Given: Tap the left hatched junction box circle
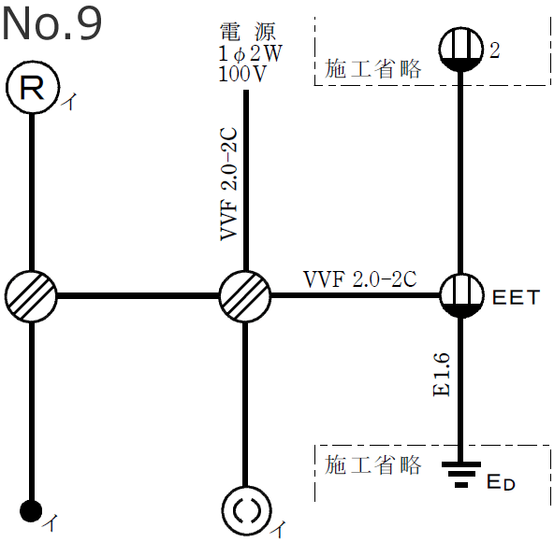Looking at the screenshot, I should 32,296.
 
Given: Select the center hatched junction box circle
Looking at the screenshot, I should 244,296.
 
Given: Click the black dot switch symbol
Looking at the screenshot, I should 32,511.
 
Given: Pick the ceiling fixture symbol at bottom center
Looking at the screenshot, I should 244,510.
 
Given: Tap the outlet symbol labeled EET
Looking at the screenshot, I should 460,296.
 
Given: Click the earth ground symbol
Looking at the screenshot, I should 460,476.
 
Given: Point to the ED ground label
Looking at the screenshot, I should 501,482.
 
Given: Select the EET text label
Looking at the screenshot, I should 516,298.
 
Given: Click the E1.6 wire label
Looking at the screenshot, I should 444,374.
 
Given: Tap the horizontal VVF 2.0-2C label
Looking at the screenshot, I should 359,278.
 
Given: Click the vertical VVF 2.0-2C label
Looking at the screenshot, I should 229,183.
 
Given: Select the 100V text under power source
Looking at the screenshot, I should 242,74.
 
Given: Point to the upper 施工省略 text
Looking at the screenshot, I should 373,68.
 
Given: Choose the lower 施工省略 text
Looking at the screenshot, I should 373,464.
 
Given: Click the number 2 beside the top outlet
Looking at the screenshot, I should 495,50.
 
